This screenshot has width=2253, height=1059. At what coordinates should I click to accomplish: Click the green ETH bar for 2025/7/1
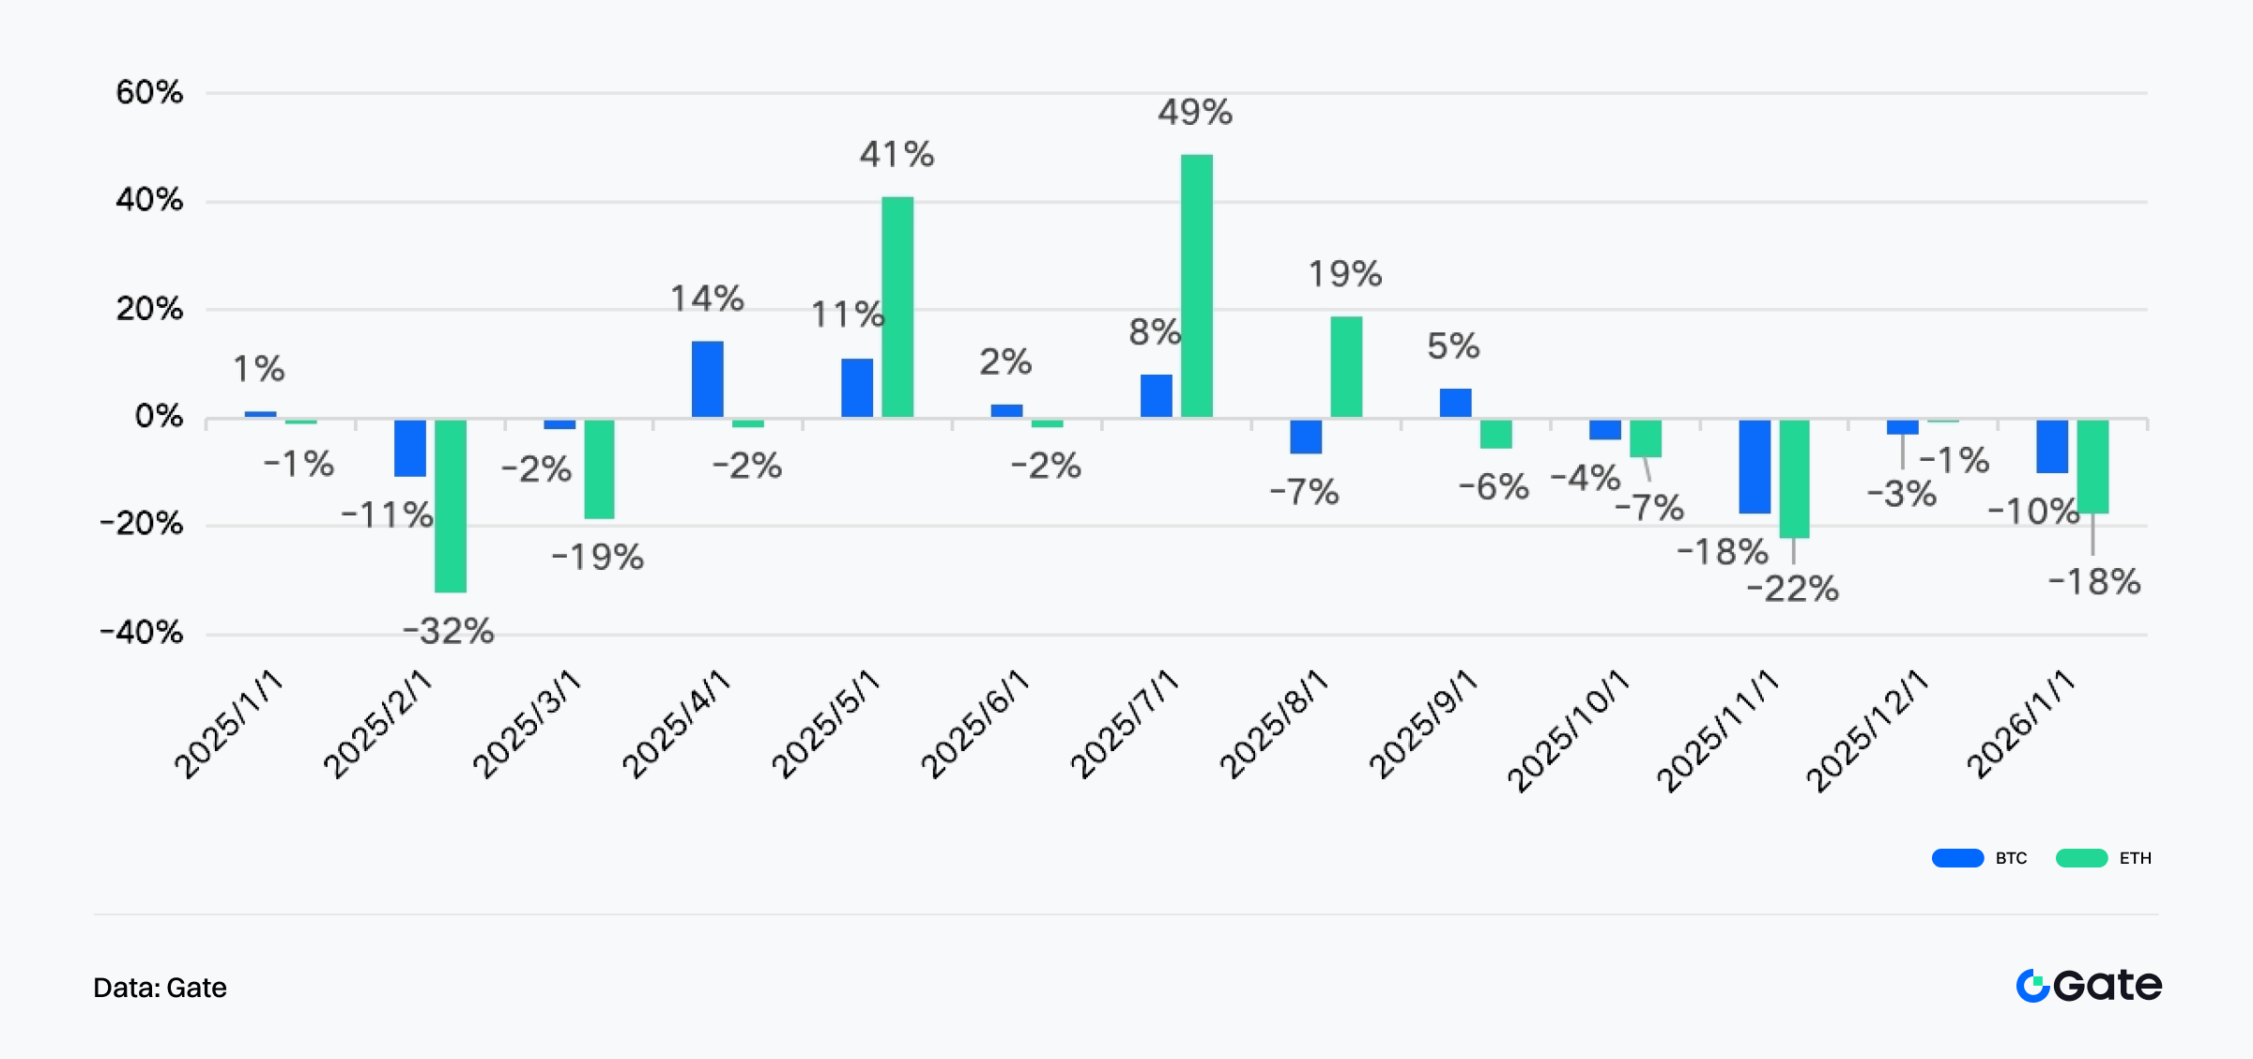(1196, 285)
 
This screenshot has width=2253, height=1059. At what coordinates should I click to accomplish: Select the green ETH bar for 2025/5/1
(897, 306)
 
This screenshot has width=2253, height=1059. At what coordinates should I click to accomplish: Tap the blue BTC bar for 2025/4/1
(707, 378)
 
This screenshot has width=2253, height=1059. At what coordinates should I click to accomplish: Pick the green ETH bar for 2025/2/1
(450, 505)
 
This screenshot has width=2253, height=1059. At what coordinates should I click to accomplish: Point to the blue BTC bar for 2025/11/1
(1754, 466)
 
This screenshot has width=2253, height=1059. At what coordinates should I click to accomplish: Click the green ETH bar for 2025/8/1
(1345, 366)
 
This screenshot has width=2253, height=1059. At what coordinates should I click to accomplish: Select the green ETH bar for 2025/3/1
(599, 468)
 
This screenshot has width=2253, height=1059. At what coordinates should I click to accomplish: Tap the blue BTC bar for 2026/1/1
(2052, 446)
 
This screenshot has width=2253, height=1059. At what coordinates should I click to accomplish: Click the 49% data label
(1194, 113)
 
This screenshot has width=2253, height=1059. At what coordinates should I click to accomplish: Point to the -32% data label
(449, 631)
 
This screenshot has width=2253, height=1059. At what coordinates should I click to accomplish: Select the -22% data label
(1792, 589)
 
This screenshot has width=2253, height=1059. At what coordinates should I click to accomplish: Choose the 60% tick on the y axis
(149, 92)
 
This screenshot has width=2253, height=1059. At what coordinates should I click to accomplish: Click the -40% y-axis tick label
(142, 632)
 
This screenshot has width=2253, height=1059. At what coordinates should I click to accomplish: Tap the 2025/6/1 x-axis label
(974, 724)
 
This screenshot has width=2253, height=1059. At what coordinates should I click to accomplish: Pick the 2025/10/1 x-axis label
(1568, 730)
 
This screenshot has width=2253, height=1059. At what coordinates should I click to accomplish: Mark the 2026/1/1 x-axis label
(2020, 724)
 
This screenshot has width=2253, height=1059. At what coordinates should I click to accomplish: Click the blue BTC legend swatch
(1957, 858)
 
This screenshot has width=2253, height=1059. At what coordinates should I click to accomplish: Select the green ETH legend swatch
(2081, 858)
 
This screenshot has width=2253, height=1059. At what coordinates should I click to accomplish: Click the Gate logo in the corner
(2089, 986)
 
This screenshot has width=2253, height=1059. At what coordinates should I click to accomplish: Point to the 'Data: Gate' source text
(160, 988)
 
